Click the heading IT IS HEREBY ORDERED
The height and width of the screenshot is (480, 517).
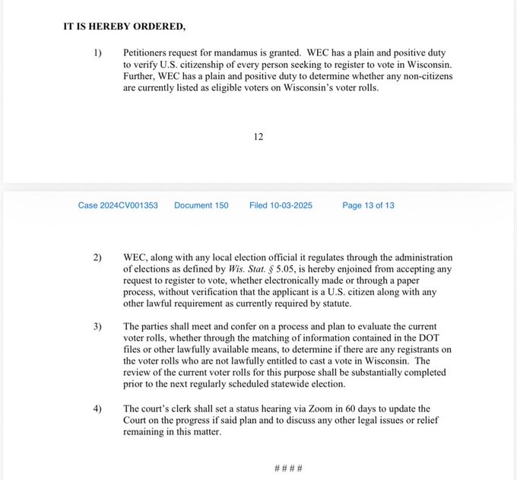(x=124, y=27)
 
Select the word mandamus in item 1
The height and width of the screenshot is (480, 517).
(x=232, y=54)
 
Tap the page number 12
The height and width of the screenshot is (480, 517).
(x=258, y=137)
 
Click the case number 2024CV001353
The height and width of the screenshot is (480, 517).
(x=118, y=205)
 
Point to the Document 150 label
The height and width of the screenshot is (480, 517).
(x=201, y=205)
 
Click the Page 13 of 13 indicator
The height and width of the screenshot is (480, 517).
(x=368, y=205)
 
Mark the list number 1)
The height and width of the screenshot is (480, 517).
(x=98, y=54)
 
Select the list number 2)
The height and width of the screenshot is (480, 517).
(x=98, y=258)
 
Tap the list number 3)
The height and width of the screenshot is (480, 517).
(x=98, y=326)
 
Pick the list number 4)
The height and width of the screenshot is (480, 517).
(x=98, y=408)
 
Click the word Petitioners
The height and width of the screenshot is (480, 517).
(x=148, y=54)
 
